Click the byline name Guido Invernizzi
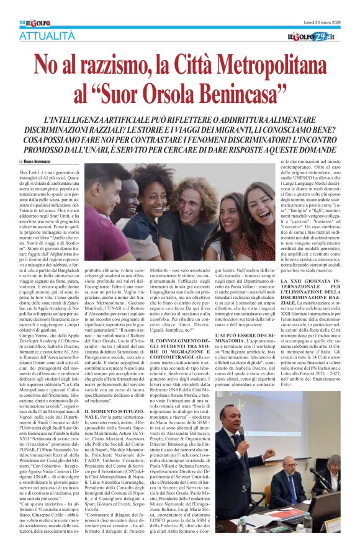pos(44,162)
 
